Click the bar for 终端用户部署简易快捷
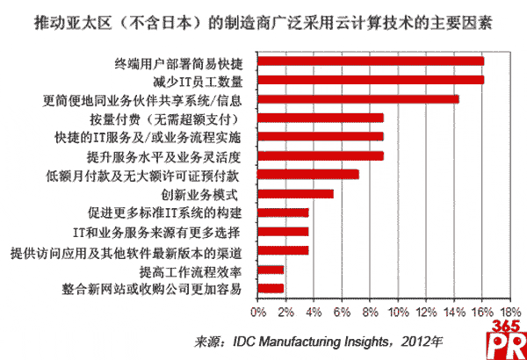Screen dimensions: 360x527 click(371, 61)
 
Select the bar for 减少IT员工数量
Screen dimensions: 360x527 click(371, 80)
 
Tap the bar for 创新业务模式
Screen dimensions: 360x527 click(296, 193)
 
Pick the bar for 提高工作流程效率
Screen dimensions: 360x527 click(271, 270)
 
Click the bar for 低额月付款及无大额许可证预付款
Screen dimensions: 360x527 click(308, 174)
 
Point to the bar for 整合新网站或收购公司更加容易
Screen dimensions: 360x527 click(271, 288)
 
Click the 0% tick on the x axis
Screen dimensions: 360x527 click(259, 311)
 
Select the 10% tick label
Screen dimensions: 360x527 click(399, 311)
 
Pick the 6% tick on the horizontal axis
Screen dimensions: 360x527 click(342, 311)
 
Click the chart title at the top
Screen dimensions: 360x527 click(263, 19)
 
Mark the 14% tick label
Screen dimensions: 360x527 click(455, 311)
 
